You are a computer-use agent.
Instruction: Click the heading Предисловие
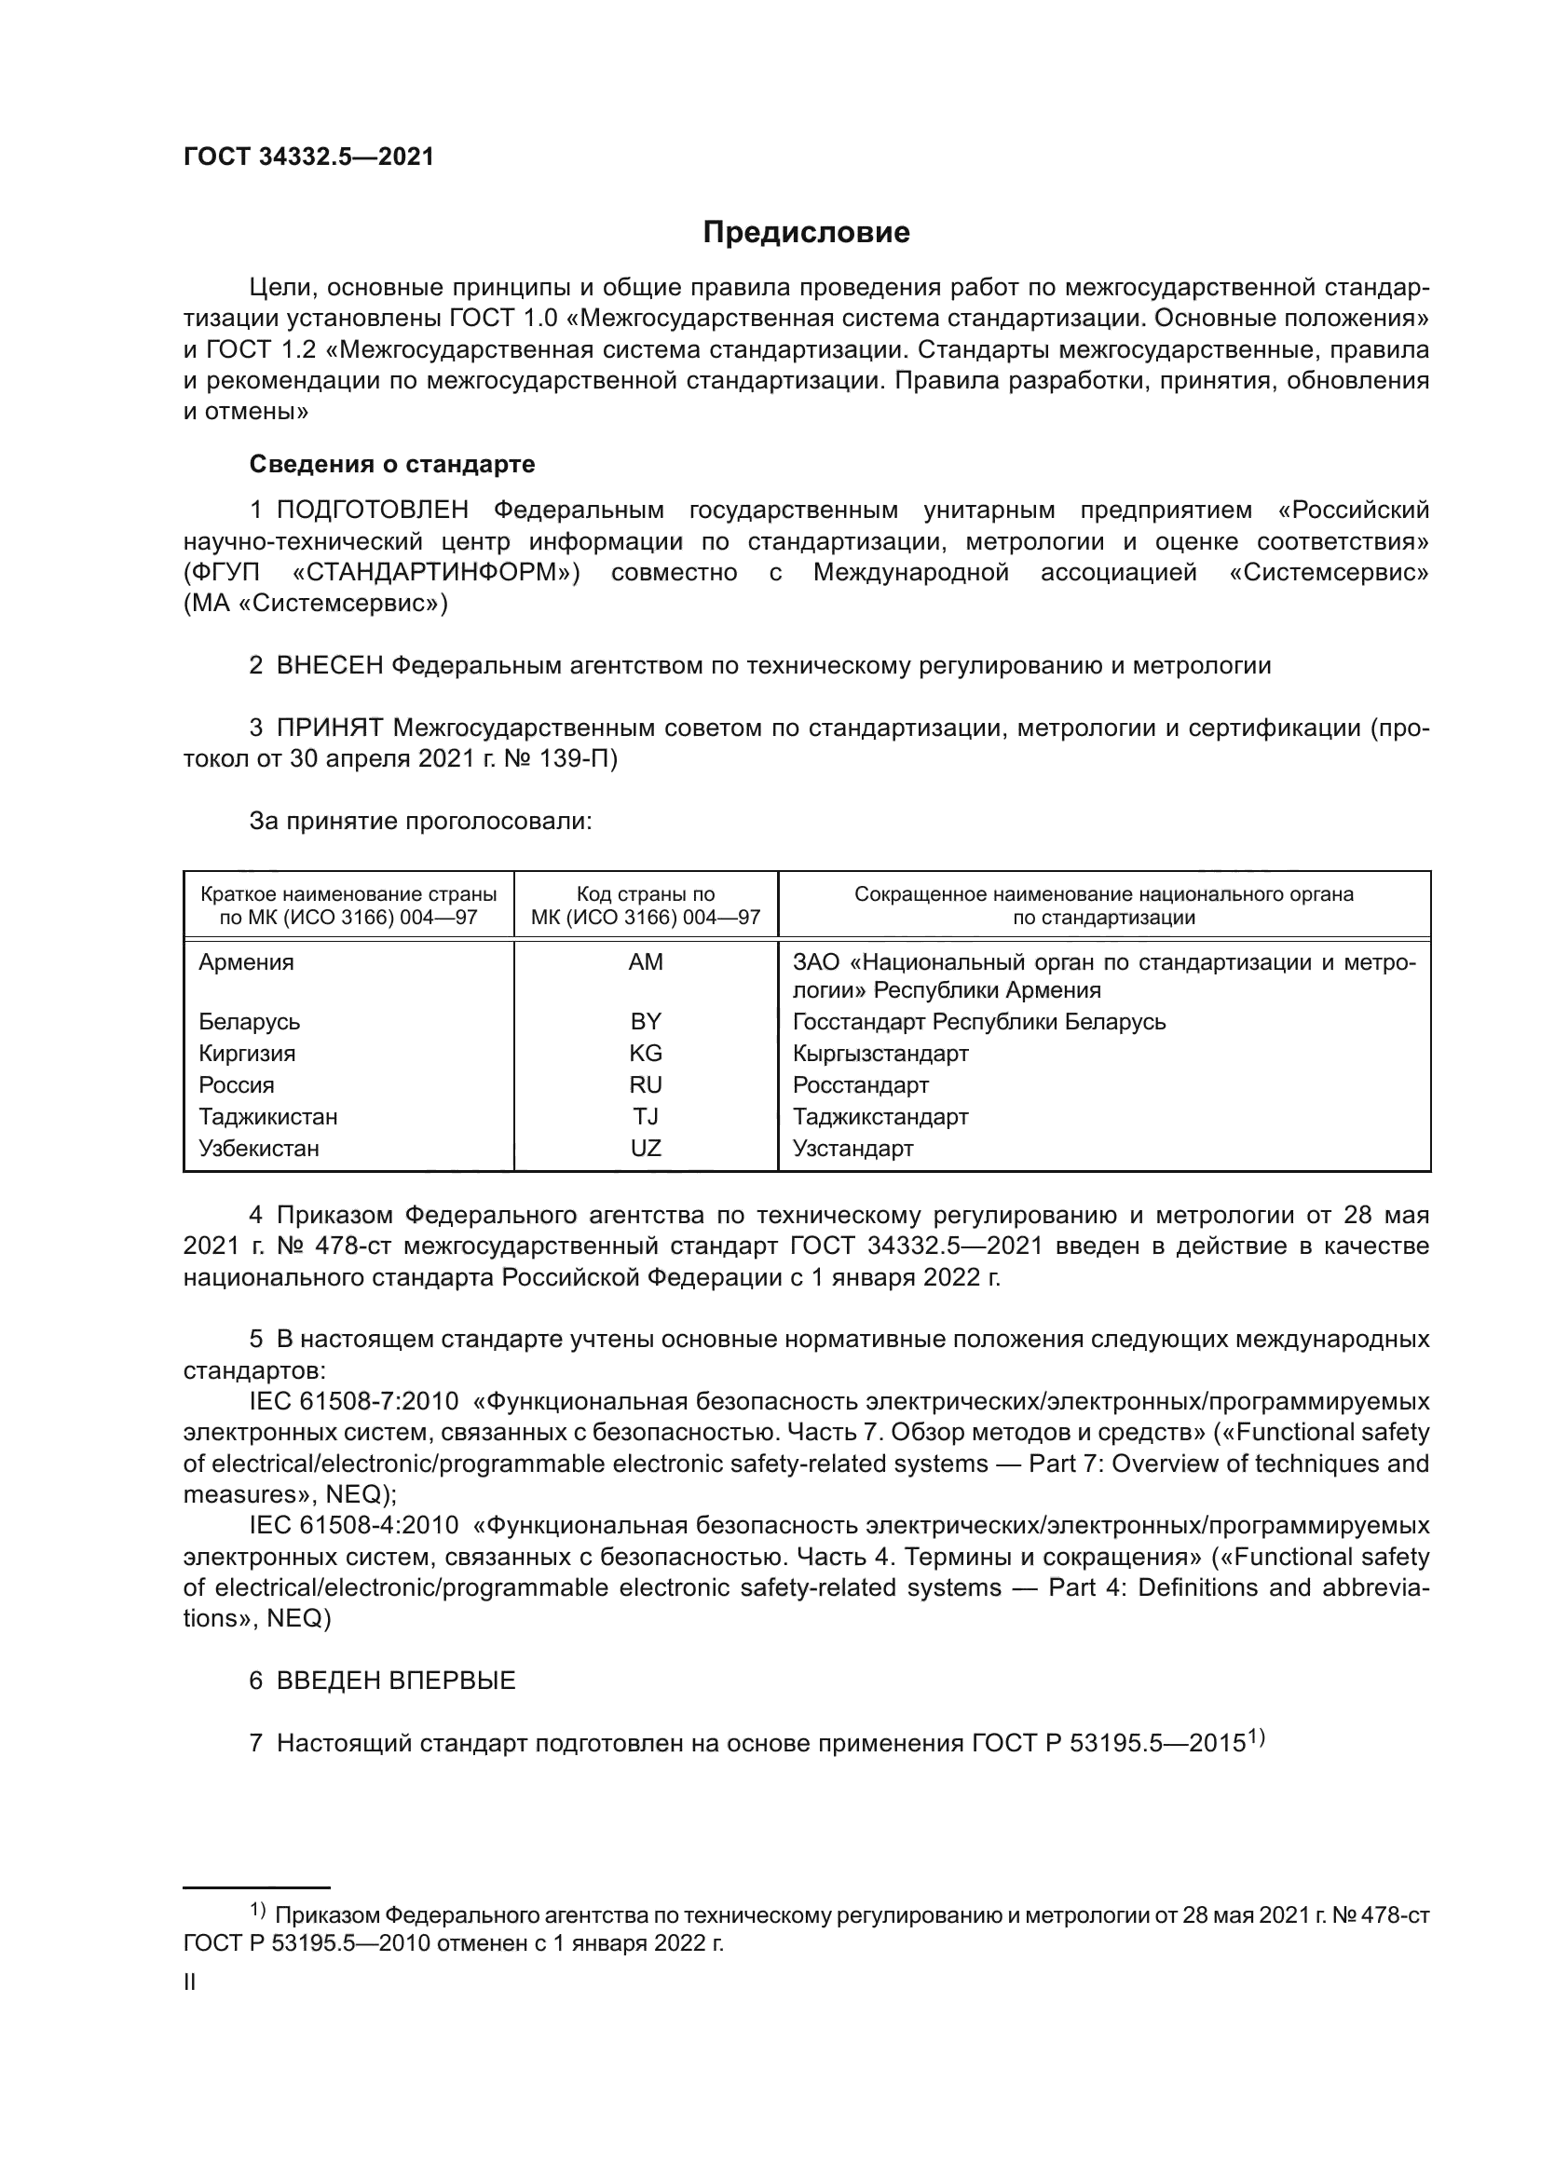click(x=806, y=233)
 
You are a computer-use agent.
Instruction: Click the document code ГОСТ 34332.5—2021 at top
click(x=308, y=157)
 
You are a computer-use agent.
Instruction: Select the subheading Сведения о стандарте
click(x=392, y=464)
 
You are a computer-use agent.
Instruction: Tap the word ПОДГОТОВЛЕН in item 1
click(x=372, y=511)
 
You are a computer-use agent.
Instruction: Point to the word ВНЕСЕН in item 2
click(x=329, y=665)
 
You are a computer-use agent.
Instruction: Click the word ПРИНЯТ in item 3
click(x=329, y=728)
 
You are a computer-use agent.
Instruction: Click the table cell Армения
click(x=246, y=962)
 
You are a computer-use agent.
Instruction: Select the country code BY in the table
click(x=646, y=1022)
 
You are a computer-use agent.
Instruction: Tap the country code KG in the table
click(x=646, y=1054)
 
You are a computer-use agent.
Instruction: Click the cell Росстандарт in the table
click(x=861, y=1084)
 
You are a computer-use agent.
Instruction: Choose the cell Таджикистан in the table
click(x=267, y=1117)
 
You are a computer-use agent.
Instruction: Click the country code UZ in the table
click(x=646, y=1149)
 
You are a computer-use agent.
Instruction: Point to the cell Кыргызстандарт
click(x=880, y=1054)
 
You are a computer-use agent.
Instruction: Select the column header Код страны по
click(x=646, y=894)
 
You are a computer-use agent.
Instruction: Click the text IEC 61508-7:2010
click(x=353, y=1402)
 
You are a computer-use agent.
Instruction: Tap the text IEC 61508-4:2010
click(x=353, y=1526)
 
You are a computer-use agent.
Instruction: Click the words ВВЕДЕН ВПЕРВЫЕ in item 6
click(x=396, y=1681)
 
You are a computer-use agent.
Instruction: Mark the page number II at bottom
click(x=190, y=1982)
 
